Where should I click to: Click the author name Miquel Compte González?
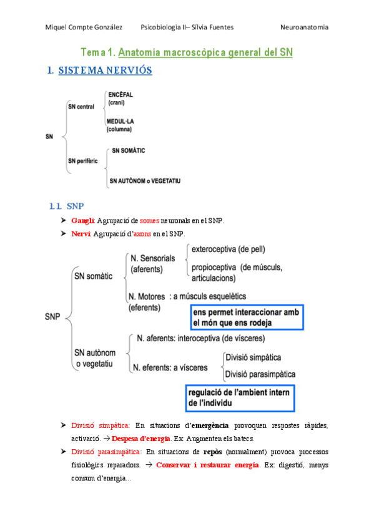tap(84, 27)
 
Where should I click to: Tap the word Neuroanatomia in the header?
tap(304, 27)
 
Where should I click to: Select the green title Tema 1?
tap(99, 53)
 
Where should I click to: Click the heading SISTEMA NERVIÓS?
tap(105, 70)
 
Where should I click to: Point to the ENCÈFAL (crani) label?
tap(120, 98)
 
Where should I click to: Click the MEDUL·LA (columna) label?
tap(119, 125)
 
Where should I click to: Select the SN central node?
tap(81, 107)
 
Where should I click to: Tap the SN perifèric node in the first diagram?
tap(84, 161)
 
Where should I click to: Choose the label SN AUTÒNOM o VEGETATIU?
tap(145, 181)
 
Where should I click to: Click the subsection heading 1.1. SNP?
tap(65, 206)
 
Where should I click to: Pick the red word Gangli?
tap(82, 221)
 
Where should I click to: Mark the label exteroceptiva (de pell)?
tap(228, 250)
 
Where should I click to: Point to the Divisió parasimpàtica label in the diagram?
tap(260, 374)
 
